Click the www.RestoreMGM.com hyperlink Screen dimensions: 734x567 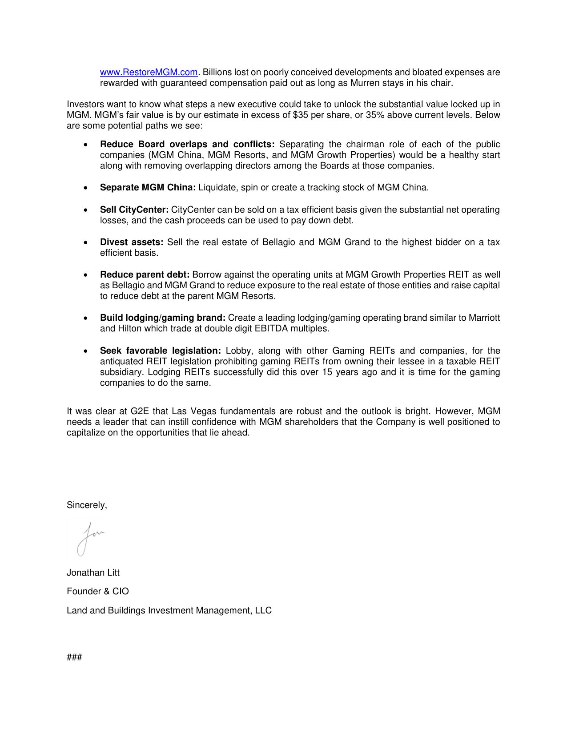click(x=149, y=72)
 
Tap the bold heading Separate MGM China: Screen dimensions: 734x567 click(x=148, y=187)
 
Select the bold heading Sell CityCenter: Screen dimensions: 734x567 click(x=134, y=210)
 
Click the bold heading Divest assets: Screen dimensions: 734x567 click(x=132, y=242)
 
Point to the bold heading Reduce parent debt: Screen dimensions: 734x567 click(x=145, y=274)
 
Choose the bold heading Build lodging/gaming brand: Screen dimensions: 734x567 click(x=163, y=318)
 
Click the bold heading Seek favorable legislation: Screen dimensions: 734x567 click(x=160, y=351)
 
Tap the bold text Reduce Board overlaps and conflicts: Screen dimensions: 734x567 click(x=187, y=144)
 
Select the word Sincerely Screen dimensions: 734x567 click(x=86, y=505)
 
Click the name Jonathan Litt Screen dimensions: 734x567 click(x=93, y=573)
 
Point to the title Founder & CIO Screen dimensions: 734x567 click(x=98, y=591)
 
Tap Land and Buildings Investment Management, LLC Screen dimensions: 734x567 click(x=169, y=610)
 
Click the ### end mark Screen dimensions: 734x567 click(x=74, y=657)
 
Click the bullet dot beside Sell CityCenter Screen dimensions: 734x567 click(x=85, y=210)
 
